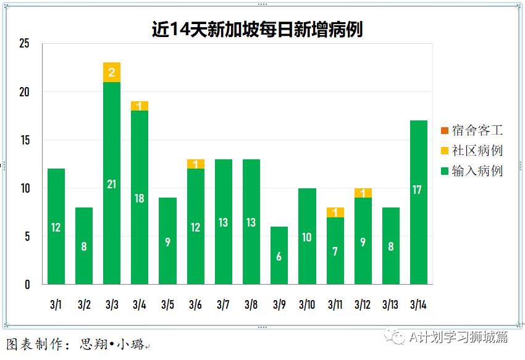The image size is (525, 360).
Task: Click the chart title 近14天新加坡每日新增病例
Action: [257, 29]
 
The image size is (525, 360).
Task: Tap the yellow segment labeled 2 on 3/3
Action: [112, 72]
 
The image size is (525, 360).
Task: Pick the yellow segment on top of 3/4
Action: [140, 106]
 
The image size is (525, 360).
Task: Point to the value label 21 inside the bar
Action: [112, 184]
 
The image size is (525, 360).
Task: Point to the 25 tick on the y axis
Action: [24, 44]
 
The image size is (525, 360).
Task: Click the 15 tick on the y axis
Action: [24, 140]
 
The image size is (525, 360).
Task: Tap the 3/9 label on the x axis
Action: [279, 304]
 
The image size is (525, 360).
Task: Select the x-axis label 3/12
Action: [363, 304]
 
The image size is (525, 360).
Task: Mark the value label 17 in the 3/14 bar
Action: [418, 190]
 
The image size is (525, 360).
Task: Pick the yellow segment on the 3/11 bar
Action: [335, 212]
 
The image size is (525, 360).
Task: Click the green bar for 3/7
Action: [224, 222]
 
